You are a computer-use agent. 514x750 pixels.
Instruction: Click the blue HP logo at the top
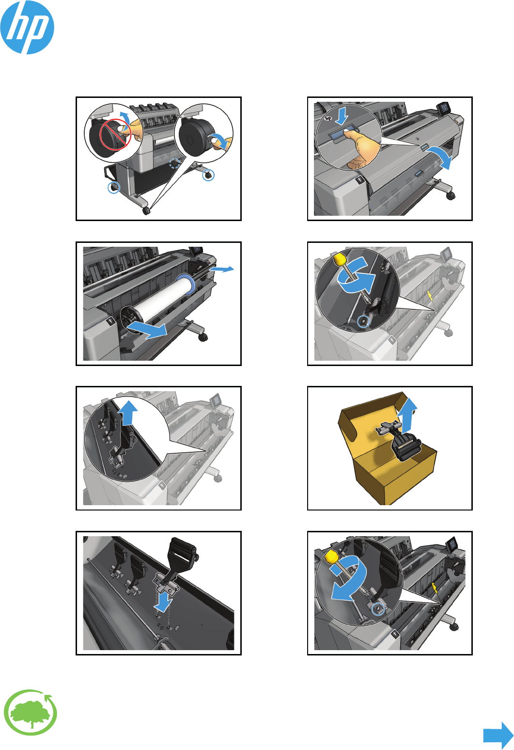point(27,27)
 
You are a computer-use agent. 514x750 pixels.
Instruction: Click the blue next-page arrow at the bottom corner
point(498,735)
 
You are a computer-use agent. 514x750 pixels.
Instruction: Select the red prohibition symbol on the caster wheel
point(115,135)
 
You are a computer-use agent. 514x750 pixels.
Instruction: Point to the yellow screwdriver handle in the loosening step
point(340,259)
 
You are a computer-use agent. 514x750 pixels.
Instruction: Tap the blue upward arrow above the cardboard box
point(407,415)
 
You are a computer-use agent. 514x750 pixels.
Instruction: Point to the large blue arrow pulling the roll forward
point(147,329)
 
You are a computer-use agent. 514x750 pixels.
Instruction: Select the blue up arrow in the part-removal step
point(129,413)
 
